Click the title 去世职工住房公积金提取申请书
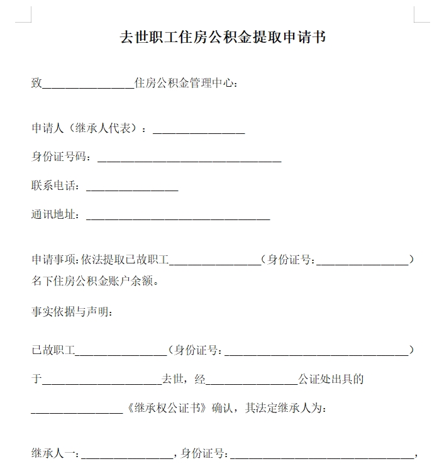223,37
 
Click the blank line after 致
88,83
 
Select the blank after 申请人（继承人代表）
199,129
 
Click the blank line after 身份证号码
189,158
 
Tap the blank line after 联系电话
132,187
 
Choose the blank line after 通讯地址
178,216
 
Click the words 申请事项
54,259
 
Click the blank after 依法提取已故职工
216,260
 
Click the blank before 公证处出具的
252,380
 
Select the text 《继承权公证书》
167,408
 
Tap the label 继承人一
54,453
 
